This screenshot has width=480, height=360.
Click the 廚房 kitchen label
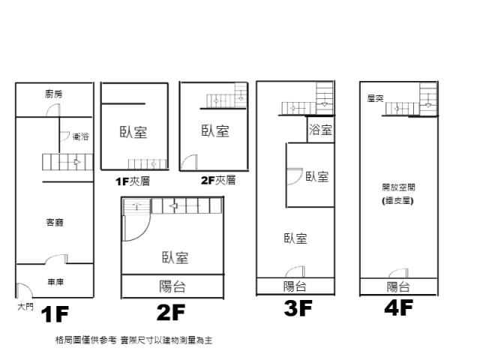pos(54,94)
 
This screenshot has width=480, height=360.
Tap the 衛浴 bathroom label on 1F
pos(81,136)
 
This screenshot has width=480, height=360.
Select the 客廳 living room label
pos(55,222)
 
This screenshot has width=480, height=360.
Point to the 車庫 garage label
pos(55,282)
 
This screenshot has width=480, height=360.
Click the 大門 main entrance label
pos(25,307)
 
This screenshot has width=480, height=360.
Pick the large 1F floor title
pos(55,314)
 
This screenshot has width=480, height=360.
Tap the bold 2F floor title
pos(171,312)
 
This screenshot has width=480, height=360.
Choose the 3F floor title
pos(298,308)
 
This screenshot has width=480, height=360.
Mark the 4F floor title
pos(399,307)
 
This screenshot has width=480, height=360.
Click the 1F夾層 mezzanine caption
pos(133,181)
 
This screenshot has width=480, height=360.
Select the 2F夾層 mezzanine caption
pos(218,180)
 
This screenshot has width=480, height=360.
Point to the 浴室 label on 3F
pos(320,130)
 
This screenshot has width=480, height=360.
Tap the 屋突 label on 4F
pos(375,98)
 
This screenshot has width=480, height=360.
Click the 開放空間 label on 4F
pos(398,187)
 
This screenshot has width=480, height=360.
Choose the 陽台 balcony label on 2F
pos(172,286)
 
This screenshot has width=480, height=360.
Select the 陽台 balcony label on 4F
pos(398,286)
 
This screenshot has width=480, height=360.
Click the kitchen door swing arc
pos(53,110)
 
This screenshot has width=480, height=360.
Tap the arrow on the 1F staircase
pos(77,162)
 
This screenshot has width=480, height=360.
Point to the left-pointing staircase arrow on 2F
pos(173,206)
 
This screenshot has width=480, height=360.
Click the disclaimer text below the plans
pos(133,340)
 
